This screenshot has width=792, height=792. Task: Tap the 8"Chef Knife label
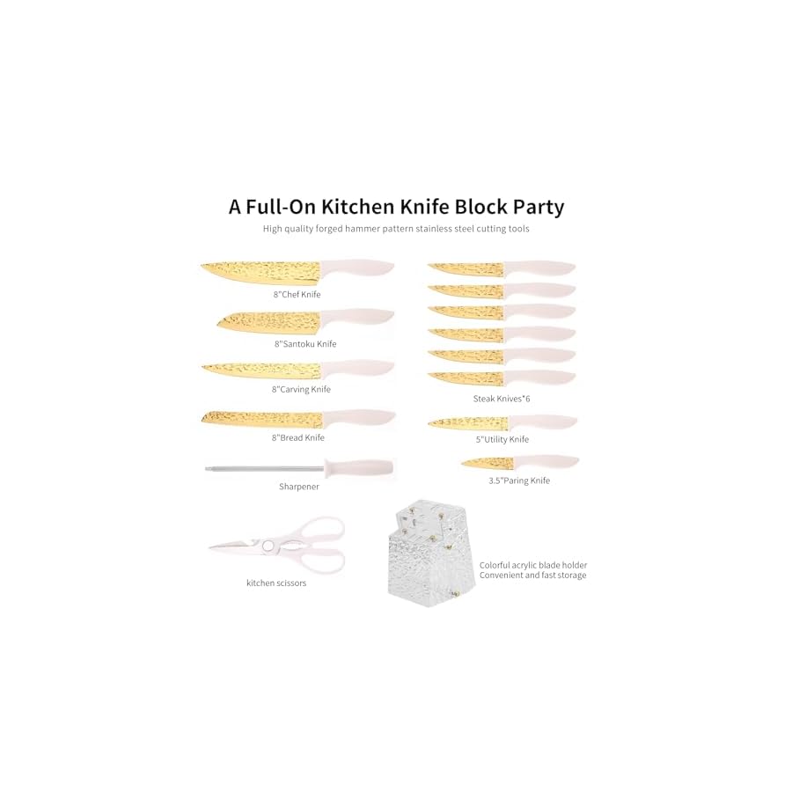click(297, 294)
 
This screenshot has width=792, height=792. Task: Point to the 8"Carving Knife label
click(301, 389)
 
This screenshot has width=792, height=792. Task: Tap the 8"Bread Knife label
click(298, 437)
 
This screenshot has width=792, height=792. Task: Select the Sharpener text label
click(299, 486)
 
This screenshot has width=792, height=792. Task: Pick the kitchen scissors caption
click(276, 583)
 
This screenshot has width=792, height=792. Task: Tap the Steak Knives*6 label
click(502, 399)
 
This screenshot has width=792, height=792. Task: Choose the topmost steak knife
click(502, 269)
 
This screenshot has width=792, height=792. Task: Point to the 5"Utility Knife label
click(501, 438)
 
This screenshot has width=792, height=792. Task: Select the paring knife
click(519, 462)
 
